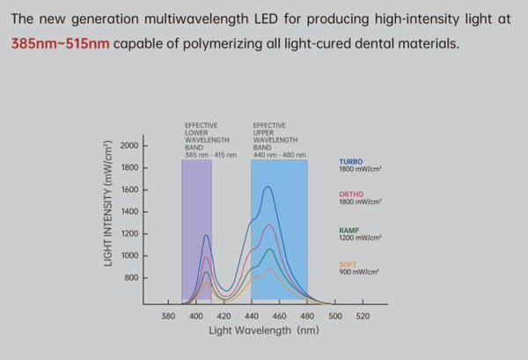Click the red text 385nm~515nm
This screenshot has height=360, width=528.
[x=61, y=41]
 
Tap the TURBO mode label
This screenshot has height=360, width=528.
[x=350, y=161]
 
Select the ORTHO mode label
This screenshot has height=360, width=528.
[x=350, y=194]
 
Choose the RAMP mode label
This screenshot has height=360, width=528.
[x=348, y=230]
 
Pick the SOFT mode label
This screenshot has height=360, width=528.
[x=347, y=264]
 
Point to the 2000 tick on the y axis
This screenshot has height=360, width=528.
[x=128, y=145]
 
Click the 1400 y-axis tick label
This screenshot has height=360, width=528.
[x=128, y=211]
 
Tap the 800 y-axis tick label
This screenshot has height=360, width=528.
[x=131, y=277]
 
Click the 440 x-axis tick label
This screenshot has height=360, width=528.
[x=251, y=316]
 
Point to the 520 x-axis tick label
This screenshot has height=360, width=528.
[x=362, y=316]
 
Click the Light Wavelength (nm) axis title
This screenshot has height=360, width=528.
[x=263, y=331]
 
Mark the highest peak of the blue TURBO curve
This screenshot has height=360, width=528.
[x=267, y=187]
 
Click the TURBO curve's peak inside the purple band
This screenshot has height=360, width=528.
[x=207, y=235]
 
